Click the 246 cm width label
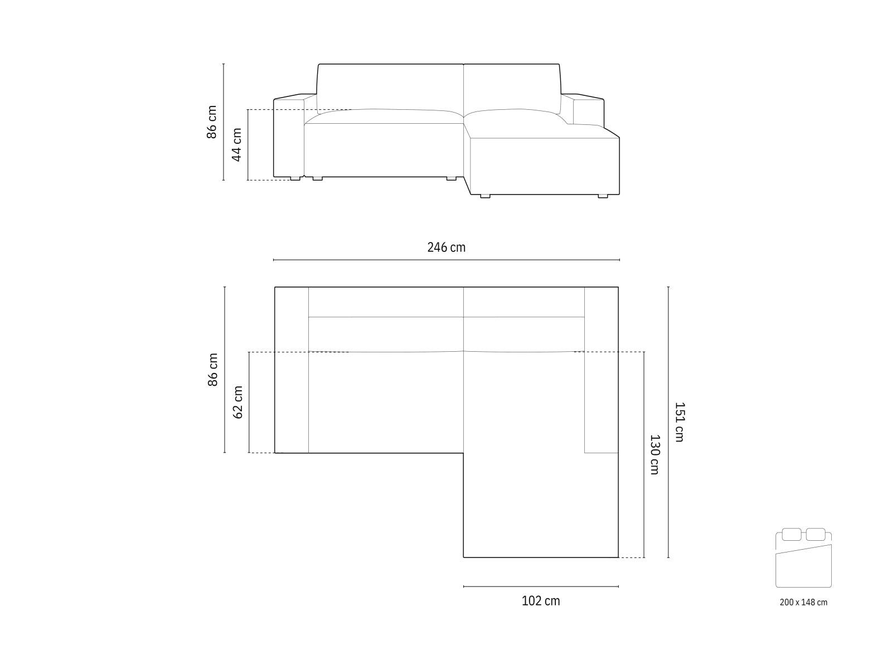coord(446,247)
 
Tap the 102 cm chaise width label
coord(540,601)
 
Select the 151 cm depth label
coord(679,422)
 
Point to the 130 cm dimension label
coord(655,454)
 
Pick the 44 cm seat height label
coord(236,144)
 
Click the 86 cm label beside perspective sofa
coord(212,122)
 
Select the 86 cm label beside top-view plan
coord(212,370)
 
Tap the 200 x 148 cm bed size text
coord(803,603)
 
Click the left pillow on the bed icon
coord(791,534)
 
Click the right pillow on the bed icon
coord(816,534)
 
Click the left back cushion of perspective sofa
coord(390,86)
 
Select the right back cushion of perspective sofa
coord(512,86)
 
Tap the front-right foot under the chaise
coord(603,196)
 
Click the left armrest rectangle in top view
coord(292,370)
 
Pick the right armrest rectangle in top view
coord(602,370)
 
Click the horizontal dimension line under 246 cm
coord(446,260)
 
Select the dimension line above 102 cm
coord(540,586)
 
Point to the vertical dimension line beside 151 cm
coord(668,422)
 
